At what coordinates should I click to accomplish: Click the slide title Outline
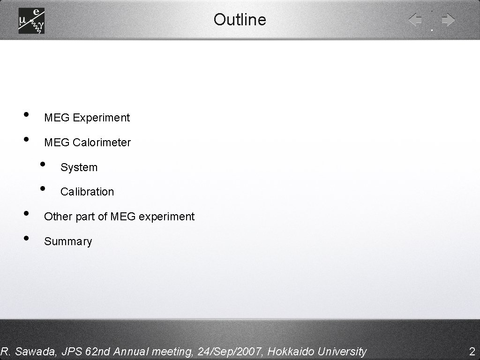tap(240, 20)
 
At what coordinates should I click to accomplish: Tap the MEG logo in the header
tap(31, 21)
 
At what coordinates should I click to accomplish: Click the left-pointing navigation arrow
tap(415, 20)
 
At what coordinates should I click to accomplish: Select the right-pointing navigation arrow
tap(448, 20)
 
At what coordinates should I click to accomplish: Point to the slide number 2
tap(472, 351)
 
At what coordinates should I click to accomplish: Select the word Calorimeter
tap(102, 142)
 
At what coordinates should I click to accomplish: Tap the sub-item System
tap(79, 167)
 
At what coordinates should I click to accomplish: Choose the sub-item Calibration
tap(87, 192)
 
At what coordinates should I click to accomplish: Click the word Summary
tap(68, 241)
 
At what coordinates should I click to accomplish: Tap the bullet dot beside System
tap(43, 164)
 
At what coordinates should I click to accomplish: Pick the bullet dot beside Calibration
tap(43, 188)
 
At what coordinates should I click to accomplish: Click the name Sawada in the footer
tap(33, 351)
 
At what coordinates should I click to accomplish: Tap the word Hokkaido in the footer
tap(291, 351)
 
